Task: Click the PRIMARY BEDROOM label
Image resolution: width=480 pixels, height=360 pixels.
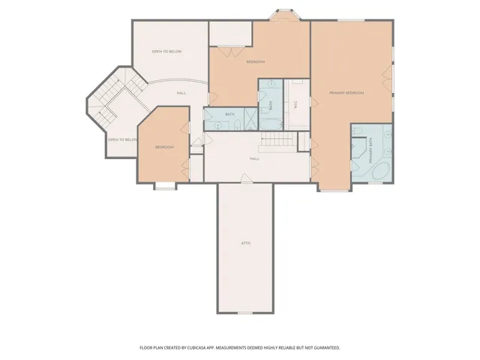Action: pyautogui.click(x=346, y=92)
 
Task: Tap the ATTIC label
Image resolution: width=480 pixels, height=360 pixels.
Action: pyautogui.click(x=245, y=243)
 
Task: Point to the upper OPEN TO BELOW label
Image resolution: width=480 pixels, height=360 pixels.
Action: pyautogui.click(x=166, y=52)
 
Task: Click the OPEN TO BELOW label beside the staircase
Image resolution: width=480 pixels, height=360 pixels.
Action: pyautogui.click(x=122, y=139)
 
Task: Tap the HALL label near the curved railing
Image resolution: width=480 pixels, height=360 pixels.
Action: pyautogui.click(x=181, y=93)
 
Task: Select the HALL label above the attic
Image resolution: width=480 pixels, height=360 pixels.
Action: pyautogui.click(x=255, y=159)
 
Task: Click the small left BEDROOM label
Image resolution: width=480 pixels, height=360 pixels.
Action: pyautogui.click(x=164, y=147)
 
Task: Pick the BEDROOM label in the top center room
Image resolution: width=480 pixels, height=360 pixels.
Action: pyautogui.click(x=256, y=61)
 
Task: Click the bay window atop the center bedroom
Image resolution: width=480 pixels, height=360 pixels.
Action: pyautogui.click(x=283, y=13)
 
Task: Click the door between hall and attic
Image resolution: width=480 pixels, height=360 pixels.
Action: pyautogui.click(x=244, y=178)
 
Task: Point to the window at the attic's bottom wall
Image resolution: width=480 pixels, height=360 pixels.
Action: pyautogui.click(x=244, y=313)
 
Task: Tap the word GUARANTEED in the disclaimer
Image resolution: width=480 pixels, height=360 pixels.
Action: pyautogui.click(x=326, y=347)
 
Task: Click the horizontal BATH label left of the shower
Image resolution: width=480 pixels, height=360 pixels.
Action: pyautogui.click(x=229, y=114)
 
